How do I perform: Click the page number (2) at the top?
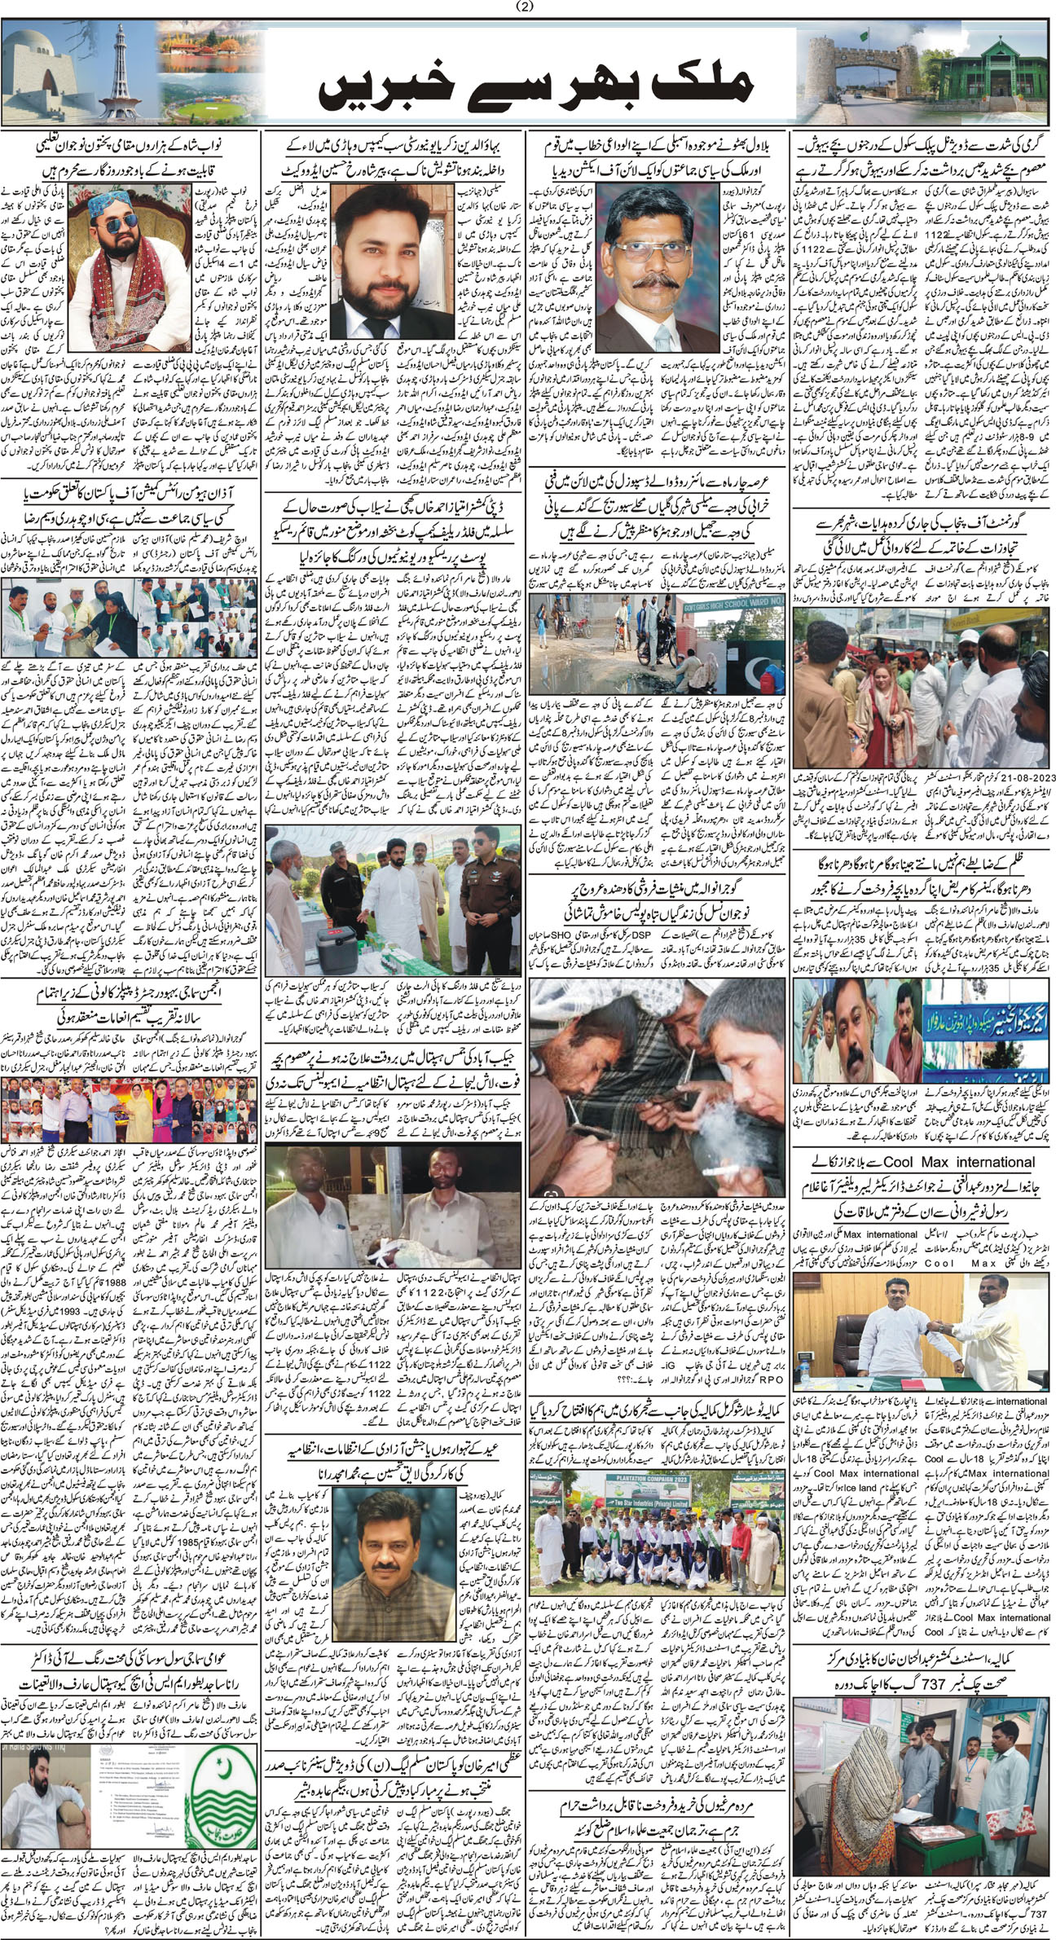[528, 8]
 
